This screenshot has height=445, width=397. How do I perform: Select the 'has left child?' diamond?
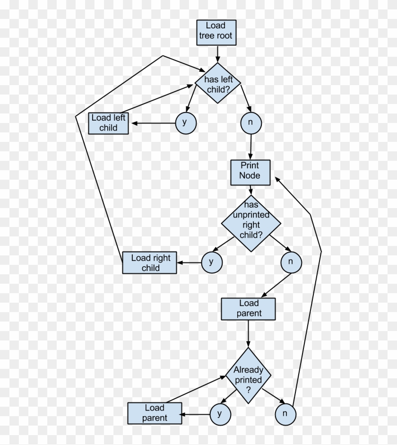point(218,83)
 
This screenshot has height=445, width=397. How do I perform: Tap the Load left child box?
point(109,123)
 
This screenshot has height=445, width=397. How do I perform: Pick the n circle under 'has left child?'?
point(250,123)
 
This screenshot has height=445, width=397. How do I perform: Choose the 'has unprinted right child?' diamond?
point(251,223)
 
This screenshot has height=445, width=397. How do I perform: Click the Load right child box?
point(149,262)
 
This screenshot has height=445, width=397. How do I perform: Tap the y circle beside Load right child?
point(211,262)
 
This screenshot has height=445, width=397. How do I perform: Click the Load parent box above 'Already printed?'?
point(249,308)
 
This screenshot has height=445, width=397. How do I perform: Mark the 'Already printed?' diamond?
point(248,375)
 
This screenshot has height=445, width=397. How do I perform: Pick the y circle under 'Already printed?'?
point(220,414)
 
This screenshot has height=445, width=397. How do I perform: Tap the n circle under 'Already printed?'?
point(285,414)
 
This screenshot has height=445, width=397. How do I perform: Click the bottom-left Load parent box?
point(155,413)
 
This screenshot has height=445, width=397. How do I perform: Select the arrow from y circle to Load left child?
point(154,123)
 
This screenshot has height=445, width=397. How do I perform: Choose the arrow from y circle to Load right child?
point(189,262)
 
